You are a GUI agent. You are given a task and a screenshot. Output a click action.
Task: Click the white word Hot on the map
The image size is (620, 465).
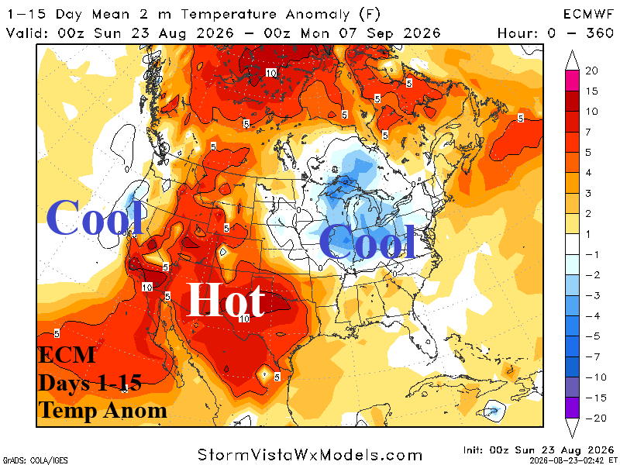[225, 300]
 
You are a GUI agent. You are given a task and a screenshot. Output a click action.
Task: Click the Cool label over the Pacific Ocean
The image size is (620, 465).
[94, 217]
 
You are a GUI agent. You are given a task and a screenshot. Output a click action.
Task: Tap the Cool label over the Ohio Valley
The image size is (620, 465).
[367, 241]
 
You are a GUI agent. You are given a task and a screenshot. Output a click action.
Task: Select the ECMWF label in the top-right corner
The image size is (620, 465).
[588, 14]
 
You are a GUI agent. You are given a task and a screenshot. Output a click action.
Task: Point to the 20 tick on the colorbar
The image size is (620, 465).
[591, 71]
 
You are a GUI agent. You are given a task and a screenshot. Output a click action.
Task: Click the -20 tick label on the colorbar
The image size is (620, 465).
[596, 418]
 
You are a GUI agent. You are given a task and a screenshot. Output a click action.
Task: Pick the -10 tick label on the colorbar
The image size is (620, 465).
[596, 377]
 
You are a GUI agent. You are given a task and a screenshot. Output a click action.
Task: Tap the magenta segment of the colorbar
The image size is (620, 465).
[572, 81]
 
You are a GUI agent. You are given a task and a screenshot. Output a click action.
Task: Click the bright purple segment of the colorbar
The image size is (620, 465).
[572, 408]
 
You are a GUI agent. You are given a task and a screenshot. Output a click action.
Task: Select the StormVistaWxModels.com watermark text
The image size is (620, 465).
[310, 455]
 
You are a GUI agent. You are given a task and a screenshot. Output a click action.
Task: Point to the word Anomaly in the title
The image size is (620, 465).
[318, 15]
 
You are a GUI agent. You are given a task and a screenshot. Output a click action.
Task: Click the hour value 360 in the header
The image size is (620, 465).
[600, 33]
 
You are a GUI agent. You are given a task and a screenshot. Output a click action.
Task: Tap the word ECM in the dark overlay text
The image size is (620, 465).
[67, 355]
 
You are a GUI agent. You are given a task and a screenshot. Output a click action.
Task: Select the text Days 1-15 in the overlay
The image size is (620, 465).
[90, 383]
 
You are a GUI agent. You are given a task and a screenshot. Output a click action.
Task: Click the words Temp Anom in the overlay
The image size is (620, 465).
[102, 410]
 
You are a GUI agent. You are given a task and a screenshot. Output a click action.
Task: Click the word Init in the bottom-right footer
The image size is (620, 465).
[473, 450]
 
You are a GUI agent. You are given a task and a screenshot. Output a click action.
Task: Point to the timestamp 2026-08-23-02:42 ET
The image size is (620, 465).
[571, 460]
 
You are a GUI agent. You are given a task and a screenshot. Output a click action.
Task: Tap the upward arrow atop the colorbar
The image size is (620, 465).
[572, 60]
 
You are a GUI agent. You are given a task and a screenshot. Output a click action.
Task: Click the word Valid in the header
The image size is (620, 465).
[26, 33]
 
